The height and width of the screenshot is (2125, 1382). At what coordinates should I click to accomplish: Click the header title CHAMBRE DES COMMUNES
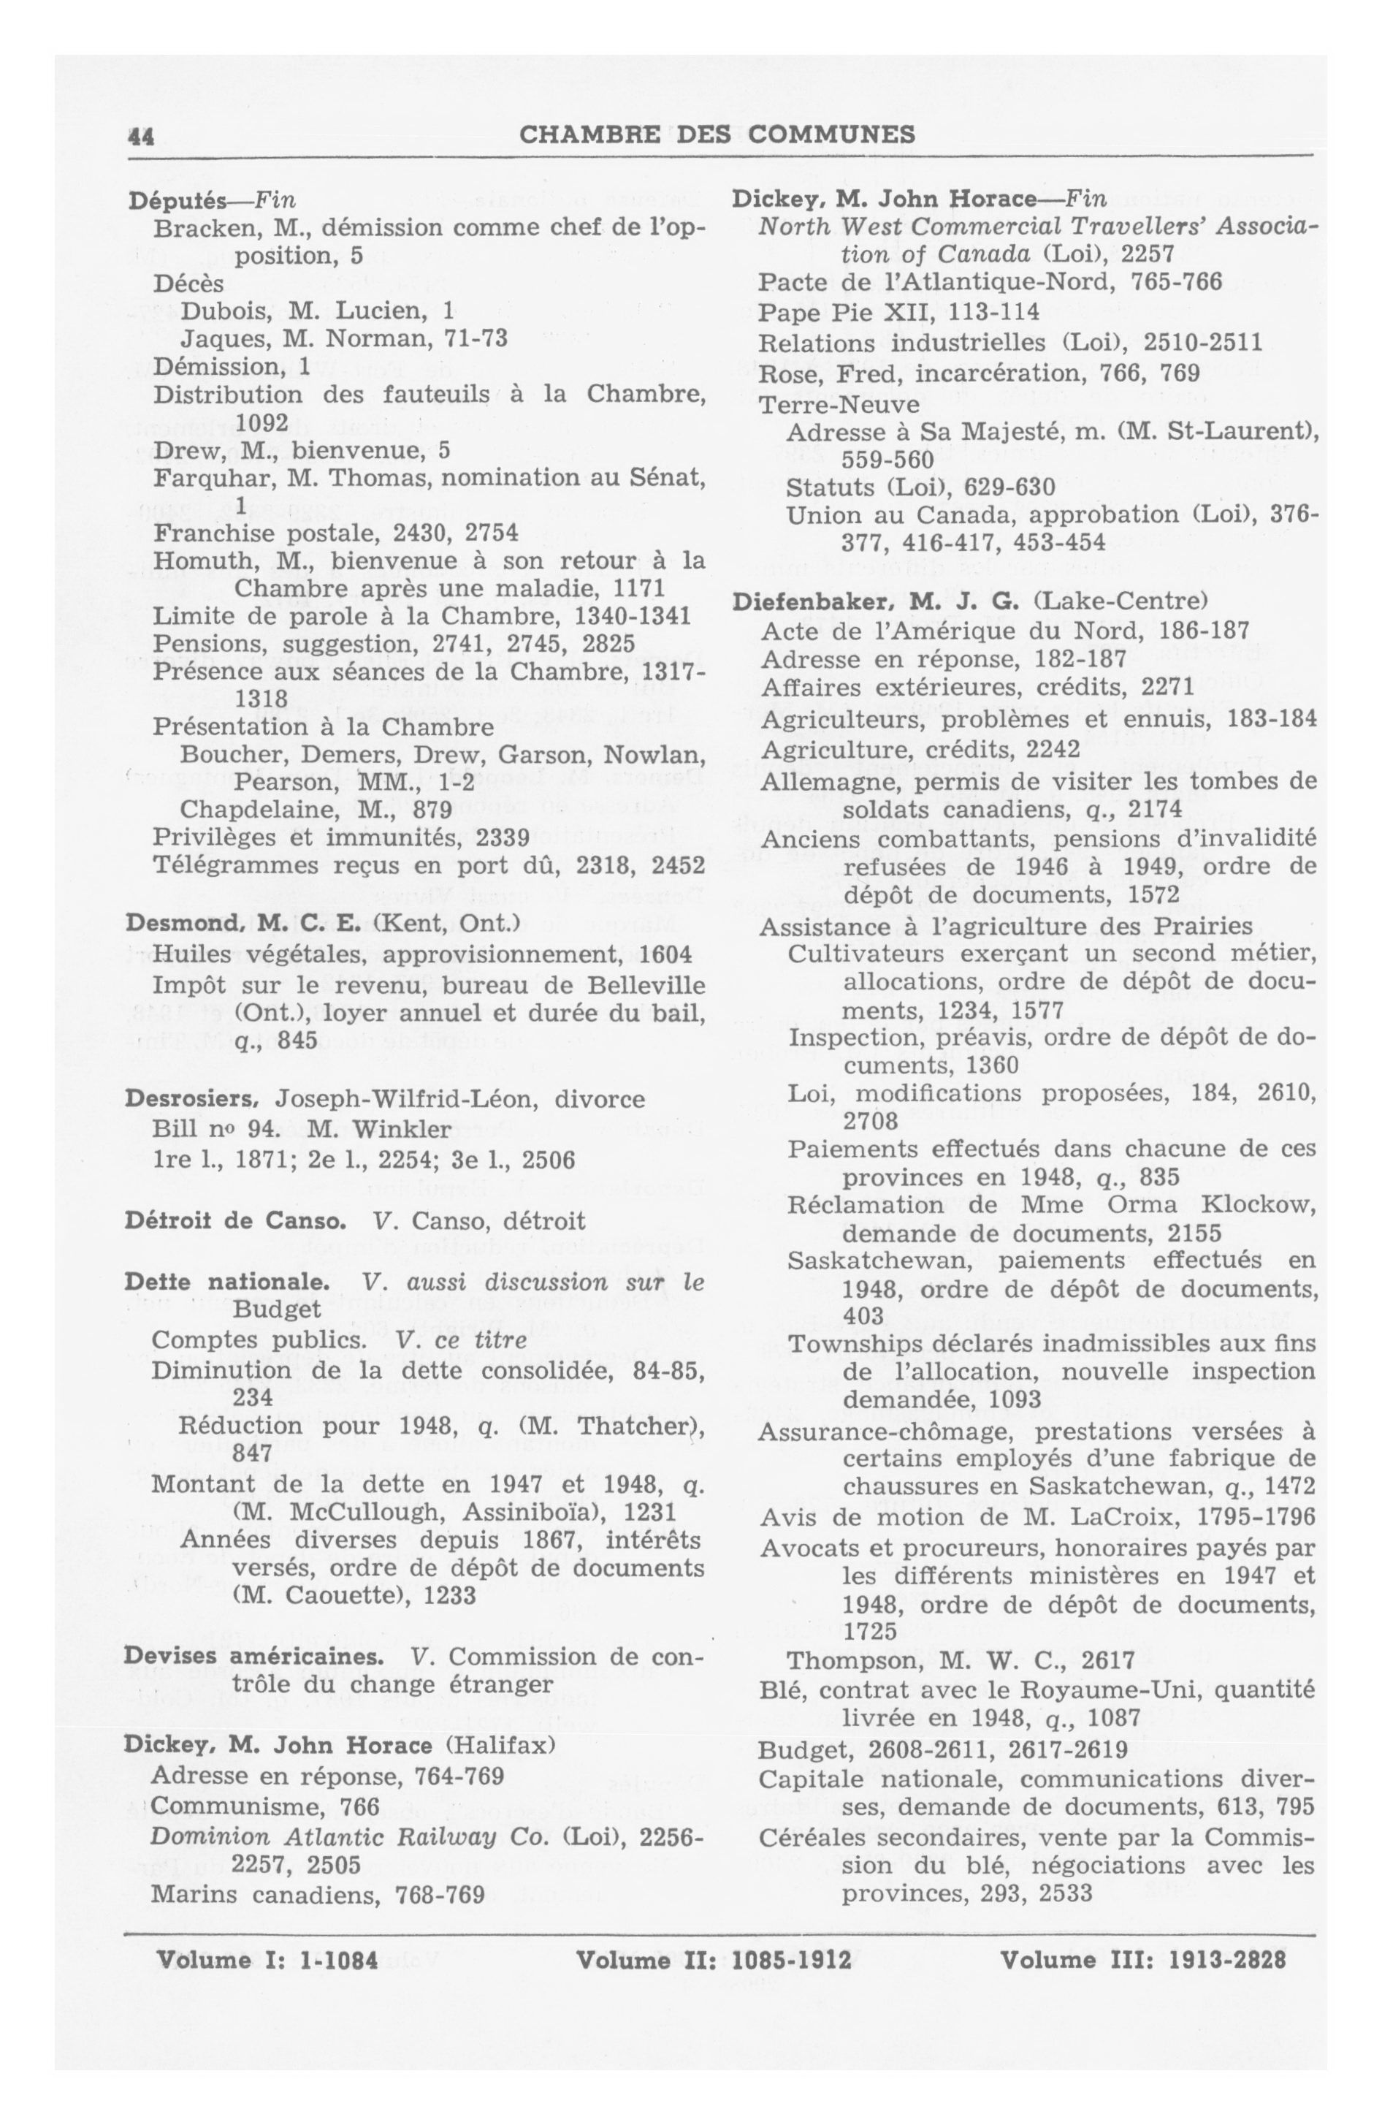(x=717, y=134)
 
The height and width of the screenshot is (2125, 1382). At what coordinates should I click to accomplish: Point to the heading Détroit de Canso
(x=234, y=1220)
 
